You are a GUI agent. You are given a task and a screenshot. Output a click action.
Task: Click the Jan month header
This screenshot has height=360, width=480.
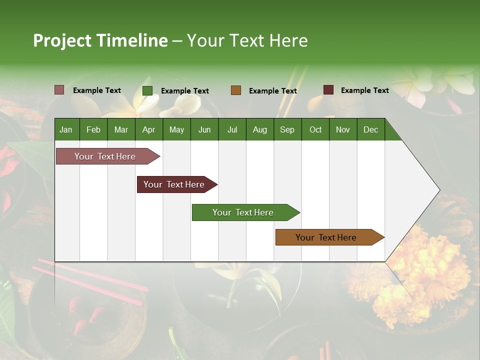66,129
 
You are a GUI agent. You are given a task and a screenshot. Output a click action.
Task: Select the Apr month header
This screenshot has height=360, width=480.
149,129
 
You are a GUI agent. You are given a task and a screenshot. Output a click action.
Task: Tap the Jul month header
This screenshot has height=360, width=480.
232,129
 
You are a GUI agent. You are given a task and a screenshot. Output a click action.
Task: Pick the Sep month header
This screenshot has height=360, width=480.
287,129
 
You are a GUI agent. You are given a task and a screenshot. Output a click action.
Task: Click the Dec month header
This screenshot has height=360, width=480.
370,129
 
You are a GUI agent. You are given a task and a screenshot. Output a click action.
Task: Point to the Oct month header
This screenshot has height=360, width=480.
315,129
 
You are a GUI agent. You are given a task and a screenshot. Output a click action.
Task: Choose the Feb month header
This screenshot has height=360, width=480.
93,129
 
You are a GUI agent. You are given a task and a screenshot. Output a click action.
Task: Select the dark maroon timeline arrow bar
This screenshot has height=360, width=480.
175,184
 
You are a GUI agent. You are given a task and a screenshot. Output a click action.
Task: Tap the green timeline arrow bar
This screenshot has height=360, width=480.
243,212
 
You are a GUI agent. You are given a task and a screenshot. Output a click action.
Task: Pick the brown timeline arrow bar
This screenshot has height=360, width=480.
327,237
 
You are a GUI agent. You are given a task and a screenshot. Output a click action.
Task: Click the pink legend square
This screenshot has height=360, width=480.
59,90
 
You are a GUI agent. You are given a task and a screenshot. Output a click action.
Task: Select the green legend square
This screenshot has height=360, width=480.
147,90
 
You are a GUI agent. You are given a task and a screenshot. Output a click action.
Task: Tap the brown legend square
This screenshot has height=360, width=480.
236,90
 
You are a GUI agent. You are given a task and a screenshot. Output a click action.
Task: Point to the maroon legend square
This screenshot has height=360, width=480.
328,90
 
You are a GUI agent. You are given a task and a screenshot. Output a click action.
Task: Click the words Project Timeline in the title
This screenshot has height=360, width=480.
100,40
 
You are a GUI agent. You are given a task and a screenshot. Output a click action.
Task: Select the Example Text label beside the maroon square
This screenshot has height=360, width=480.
364,90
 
